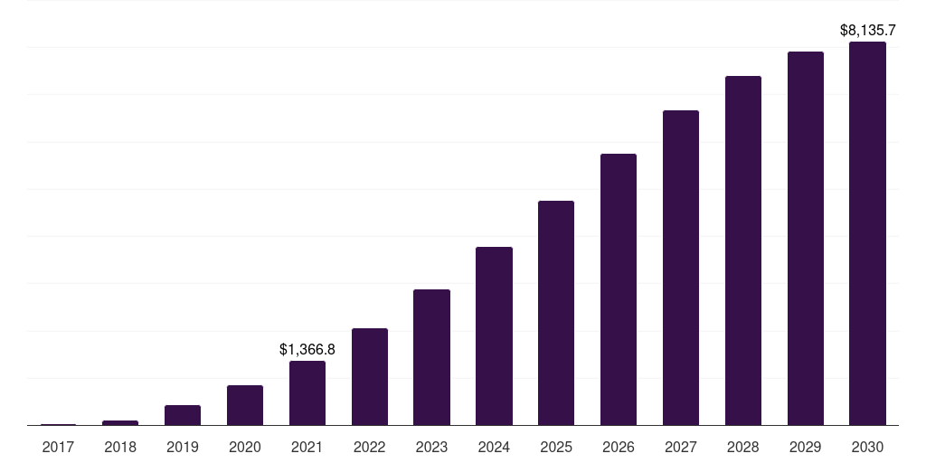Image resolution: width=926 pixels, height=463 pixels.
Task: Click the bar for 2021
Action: tap(307, 392)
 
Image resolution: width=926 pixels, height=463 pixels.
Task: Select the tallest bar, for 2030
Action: tap(867, 233)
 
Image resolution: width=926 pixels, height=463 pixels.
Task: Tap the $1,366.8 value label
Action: tap(307, 350)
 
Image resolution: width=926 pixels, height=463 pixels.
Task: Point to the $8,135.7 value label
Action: tap(867, 30)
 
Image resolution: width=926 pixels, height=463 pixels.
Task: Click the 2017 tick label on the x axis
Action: tap(58, 447)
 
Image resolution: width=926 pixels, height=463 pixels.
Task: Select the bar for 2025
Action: tap(556, 313)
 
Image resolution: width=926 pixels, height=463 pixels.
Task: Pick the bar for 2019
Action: tap(183, 415)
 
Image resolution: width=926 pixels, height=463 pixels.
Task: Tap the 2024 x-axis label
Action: tap(494, 447)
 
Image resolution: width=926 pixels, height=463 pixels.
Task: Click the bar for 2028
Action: tap(743, 250)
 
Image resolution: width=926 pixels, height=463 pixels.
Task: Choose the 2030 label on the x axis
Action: tap(867, 447)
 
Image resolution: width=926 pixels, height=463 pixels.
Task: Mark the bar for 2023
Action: tap(431, 357)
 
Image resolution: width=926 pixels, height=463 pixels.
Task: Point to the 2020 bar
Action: tap(245, 405)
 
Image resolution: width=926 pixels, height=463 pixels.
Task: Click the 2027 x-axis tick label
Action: tap(681, 447)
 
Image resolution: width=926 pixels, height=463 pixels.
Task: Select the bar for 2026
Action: tap(619, 289)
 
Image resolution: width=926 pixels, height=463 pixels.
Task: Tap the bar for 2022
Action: tap(370, 377)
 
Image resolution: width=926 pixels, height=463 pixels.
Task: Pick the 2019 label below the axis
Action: tap(183, 447)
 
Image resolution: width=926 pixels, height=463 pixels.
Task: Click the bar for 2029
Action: tap(806, 239)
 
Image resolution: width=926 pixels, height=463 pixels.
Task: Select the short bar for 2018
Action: tap(120, 423)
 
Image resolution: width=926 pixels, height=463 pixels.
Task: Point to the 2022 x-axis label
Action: tap(370, 447)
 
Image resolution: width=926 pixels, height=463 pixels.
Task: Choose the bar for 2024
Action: tap(494, 336)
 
